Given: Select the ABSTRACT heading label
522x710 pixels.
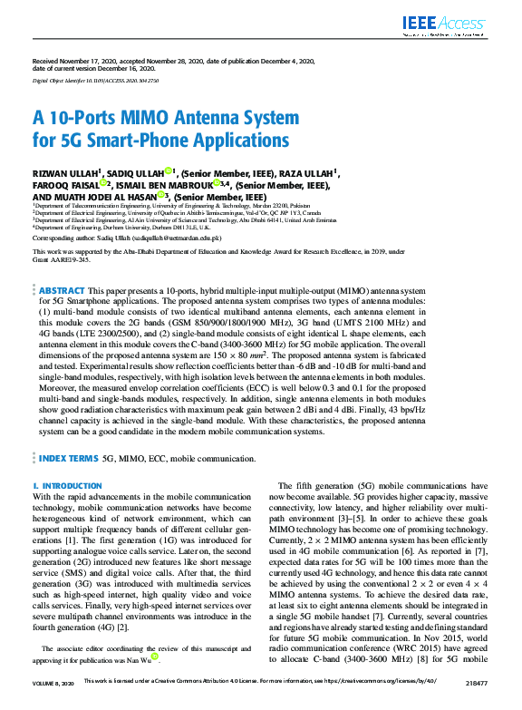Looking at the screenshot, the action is click(x=63, y=291).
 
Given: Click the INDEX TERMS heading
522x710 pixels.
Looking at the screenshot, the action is click(x=67, y=459).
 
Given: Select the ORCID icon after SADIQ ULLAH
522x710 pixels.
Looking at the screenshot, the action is click(x=169, y=170).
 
